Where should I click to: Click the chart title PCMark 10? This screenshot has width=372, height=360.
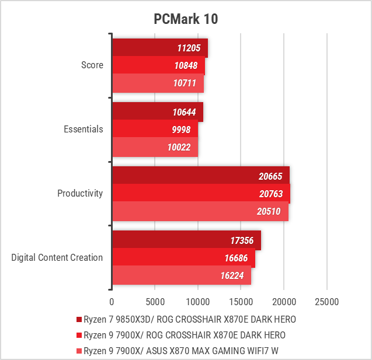click(186, 19)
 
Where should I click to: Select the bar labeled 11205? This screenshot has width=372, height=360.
click(160, 48)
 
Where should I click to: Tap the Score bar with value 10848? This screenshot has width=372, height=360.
click(158, 65)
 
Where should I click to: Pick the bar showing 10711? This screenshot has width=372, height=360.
click(158, 83)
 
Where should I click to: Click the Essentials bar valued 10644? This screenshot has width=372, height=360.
click(158, 112)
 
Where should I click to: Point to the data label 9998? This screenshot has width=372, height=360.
click(181, 130)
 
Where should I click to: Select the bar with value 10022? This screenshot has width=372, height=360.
click(155, 147)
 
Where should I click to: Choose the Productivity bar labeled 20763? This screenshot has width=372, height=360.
click(201, 194)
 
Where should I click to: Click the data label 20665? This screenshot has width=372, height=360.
click(270, 176)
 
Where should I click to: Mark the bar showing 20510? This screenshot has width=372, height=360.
click(200, 211)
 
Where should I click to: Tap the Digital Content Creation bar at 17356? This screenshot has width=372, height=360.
click(187, 240)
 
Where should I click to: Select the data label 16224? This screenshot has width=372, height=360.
click(232, 275)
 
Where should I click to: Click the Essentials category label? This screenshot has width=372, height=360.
click(84, 129)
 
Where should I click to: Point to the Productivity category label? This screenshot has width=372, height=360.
click(80, 193)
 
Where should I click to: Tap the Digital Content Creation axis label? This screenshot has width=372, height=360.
click(57, 258)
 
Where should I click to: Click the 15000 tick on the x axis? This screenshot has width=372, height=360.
click(241, 302)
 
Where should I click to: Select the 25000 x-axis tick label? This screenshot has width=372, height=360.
click(326, 302)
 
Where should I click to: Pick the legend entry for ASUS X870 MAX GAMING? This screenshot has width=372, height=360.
click(181, 351)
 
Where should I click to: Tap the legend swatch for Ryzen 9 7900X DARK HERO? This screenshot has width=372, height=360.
click(79, 335)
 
